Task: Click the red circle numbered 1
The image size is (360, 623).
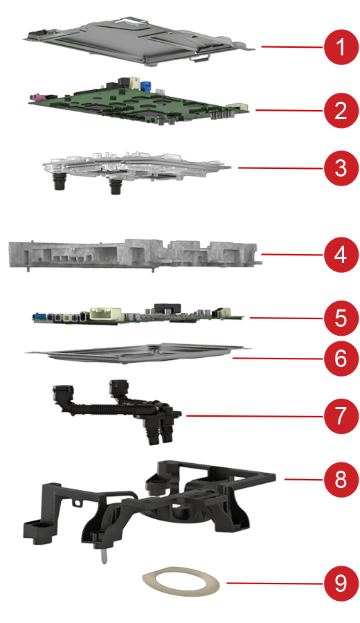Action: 341,47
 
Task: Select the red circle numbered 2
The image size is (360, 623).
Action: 341,111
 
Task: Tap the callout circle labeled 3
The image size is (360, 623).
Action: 341,168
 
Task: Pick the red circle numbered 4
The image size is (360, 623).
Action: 341,255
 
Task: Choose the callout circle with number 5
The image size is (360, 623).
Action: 341,318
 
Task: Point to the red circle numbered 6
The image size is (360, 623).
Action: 341,359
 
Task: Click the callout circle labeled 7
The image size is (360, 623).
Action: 341,416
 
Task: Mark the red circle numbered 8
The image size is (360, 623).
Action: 341,480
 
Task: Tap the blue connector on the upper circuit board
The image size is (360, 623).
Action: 147,86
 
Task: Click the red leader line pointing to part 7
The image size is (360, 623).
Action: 255,416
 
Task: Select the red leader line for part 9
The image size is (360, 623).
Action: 275,584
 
